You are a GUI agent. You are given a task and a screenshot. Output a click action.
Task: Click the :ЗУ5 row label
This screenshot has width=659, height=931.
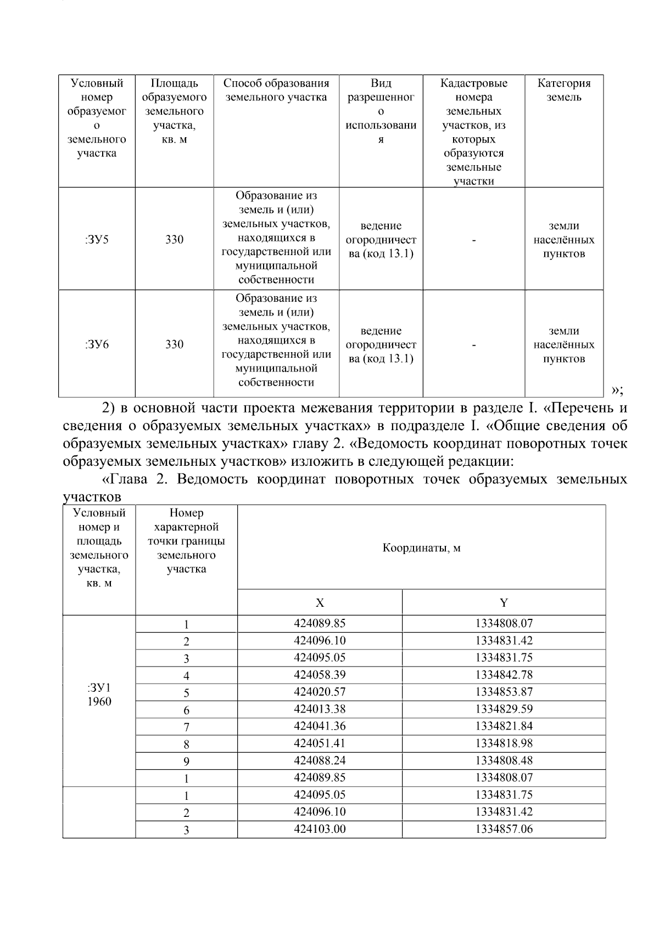coord(97,240)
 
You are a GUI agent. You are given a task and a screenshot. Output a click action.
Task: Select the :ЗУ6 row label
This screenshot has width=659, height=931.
coord(97,345)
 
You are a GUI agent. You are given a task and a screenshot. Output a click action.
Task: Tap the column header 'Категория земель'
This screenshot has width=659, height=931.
coord(564,91)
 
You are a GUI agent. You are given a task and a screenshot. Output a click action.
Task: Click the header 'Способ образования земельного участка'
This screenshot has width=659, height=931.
coord(276,91)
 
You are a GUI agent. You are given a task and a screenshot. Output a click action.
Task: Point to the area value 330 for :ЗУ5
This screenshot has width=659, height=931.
coord(174,240)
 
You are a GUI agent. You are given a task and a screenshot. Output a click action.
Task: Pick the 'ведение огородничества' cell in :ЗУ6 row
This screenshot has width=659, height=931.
coord(381,345)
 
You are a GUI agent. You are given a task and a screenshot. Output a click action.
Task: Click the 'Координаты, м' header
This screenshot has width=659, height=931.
coord(421,548)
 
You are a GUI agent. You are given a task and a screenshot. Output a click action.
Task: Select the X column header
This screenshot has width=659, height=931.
coord(320,603)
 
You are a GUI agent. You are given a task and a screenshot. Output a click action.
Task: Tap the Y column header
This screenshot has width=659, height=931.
coord(504,603)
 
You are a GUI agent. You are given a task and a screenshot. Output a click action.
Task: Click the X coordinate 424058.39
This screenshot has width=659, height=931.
coord(320,675)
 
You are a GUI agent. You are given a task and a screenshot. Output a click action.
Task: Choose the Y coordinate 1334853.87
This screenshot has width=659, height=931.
coord(504,692)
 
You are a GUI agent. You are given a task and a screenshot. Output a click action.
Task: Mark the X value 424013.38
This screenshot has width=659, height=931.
coord(320,709)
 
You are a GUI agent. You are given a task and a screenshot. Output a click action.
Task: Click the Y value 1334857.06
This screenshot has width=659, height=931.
coord(504,829)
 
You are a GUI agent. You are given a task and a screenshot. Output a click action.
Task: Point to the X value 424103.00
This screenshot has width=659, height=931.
coord(320,829)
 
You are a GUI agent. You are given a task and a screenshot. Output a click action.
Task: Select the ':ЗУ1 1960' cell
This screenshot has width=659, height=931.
coord(99,695)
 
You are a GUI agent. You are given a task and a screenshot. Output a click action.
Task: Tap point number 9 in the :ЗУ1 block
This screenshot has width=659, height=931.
coord(186,761)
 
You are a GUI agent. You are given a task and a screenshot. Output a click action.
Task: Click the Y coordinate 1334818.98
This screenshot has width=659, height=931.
coord(504,743)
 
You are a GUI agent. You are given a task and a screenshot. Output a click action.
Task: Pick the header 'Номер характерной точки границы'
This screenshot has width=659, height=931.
coord(186,541)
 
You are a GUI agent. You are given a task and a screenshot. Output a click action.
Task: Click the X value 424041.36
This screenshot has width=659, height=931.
coord(320,726)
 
